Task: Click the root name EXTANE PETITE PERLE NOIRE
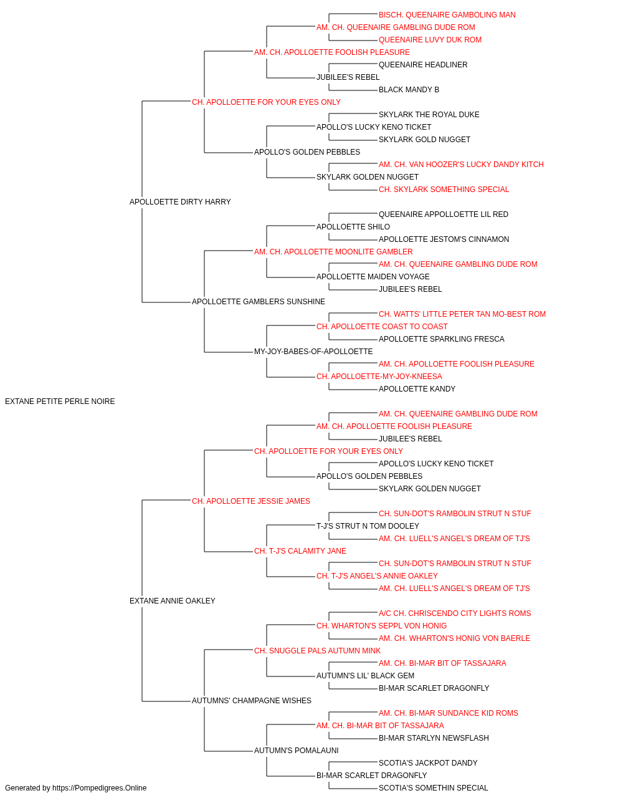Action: [x=60, y=401]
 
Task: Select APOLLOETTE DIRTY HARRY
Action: [x=180, y=201]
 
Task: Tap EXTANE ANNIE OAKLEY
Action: [x=173, y=600]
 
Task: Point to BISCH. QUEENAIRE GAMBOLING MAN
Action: [x=447, y=15]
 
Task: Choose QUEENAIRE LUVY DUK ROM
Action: [x=430, y=40]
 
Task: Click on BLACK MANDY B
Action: [x=409, y=90]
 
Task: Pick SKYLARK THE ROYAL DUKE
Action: [x=429, y=115]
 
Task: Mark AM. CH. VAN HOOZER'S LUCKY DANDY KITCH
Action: [x=461, y=165]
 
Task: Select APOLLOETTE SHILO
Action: [x=353, y=226]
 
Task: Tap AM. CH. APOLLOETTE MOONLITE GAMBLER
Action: [x=333, y=251]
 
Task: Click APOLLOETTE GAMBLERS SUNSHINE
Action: [x=259, y=302]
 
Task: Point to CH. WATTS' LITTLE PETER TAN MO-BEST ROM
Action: [x=462, y=314]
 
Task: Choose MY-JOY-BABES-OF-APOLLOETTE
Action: [x=313, y=352]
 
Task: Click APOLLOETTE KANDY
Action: [x=417, y=389]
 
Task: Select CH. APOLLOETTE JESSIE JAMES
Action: [x=251, y=501]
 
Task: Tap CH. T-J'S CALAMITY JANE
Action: [x=300, y=551]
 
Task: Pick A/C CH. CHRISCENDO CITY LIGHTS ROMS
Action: [x=455, y=613]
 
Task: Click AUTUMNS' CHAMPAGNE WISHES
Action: [x=251, y=700]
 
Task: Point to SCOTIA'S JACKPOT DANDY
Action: [x=428, y=762]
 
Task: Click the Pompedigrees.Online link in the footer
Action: [x=100, y=788]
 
